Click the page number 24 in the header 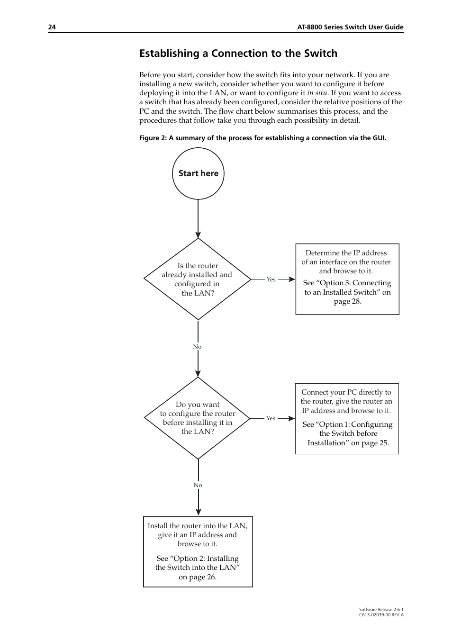point(52,27)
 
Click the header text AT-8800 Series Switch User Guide point(350,27)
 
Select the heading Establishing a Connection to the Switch point(238,54)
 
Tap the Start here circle point(198,173)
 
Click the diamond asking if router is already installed point(198,279)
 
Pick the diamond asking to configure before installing point(198,418)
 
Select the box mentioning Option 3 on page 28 point(347,279)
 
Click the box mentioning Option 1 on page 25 point(347,418)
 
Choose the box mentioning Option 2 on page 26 point(198,551)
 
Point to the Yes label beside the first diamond point(271,279)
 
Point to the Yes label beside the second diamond point(271,418)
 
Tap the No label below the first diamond point(197,347)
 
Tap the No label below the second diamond point(198,485)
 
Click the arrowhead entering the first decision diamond point(198,234)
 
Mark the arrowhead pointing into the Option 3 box point(292,279)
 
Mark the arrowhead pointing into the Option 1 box point(291,418)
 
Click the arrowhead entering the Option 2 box point(198,512)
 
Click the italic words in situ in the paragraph point(317,93)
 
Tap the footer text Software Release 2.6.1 point(381,610)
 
